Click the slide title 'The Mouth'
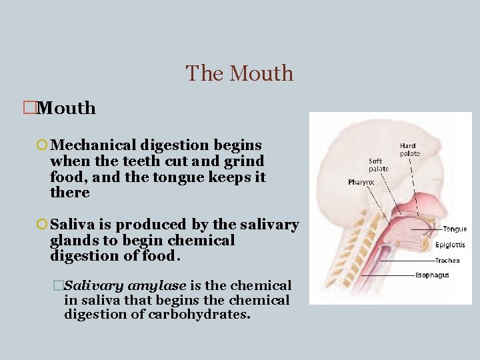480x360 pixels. (239, 73)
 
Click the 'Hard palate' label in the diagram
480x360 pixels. (408, 150)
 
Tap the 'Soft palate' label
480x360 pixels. (378, 165)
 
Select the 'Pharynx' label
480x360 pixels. (361, 182)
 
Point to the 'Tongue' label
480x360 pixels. (455, 229)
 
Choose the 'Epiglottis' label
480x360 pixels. (450, 245)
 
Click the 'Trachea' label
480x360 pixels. (447, 261)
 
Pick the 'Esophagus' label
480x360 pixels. (432, 275)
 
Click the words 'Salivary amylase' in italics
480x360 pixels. (125, 285)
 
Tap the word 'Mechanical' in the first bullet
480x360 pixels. (93, 145)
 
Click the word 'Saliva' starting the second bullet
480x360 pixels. (73, 225)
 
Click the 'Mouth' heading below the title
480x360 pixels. (67, 108)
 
